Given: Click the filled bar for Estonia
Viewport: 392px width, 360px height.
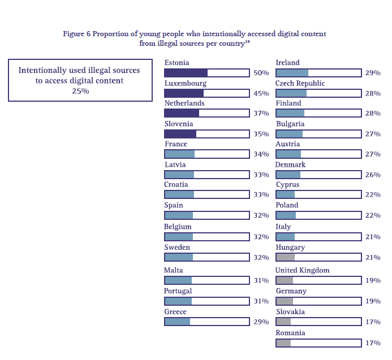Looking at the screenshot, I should click(186, 73).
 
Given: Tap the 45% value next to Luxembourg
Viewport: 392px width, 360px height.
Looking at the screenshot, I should click(261, 93).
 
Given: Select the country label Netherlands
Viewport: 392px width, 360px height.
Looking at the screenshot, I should click(184, 103).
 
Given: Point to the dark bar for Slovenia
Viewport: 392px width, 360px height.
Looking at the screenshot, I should click(180, 134).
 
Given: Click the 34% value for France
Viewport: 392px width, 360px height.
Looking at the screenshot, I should click(261, 154).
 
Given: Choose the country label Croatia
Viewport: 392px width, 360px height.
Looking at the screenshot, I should click(176, 185).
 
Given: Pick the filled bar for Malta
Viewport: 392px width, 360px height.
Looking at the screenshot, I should click(178, 280).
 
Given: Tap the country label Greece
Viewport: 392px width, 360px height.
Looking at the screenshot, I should click(175, 312).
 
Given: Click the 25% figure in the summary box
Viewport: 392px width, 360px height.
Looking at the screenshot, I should click(80, 91).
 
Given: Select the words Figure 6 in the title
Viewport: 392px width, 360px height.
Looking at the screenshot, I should click(76, 34).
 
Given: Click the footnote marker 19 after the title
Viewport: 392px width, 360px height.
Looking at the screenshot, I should click(248, 41).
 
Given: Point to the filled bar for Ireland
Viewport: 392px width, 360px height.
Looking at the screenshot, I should click(292, 73).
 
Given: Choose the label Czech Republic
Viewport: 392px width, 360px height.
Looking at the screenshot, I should click(300, 83).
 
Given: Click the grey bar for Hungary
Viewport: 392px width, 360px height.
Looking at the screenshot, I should click(285, 257).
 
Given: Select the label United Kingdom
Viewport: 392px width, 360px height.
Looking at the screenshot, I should click(302, 270).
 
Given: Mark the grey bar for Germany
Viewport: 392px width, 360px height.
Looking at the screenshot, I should click(285, 301).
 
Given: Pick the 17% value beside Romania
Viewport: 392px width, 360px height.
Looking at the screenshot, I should click(372, 343).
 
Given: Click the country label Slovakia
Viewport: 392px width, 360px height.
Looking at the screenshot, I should click(290, 312).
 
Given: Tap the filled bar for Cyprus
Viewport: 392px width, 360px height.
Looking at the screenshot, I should click(286, 194).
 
